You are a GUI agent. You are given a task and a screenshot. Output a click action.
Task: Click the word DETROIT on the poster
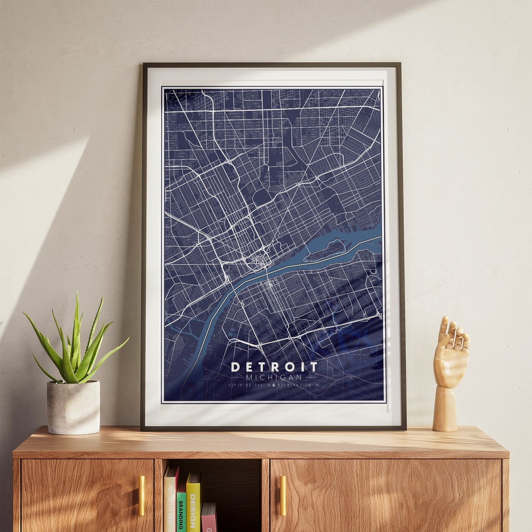pos(274,367)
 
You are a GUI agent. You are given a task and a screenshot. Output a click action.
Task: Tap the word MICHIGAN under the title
pos(274,377)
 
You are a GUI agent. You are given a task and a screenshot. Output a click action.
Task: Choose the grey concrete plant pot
pos(73,407)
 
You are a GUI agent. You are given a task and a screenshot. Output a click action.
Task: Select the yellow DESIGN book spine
pos(194,505)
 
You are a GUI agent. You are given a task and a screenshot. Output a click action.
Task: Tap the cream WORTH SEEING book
pos(170,502)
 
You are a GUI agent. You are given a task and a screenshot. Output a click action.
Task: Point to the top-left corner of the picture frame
pos(144,65)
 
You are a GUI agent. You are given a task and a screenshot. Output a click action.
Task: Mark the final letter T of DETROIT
pos(314,367)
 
